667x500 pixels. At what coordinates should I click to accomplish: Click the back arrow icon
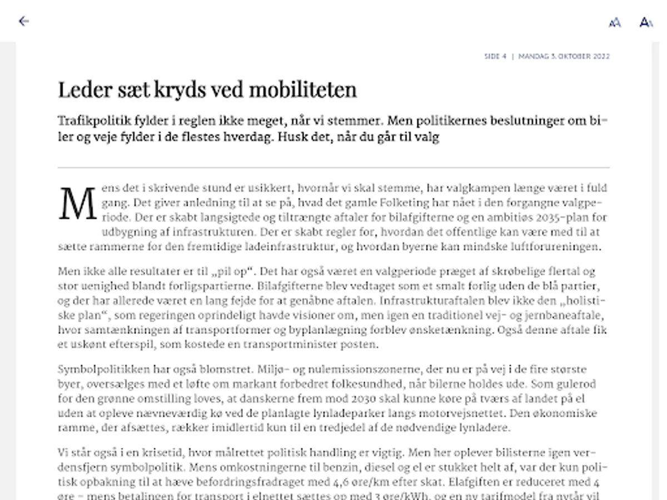pyautogui.click(x=23, y=21)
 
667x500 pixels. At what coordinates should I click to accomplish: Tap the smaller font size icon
pyautogui.click(x=615, y=22)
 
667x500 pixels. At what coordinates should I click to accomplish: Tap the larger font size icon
pyautogui.click(x=646, y=22)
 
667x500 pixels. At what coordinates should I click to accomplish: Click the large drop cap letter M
pyautogui.click(x=78, y=204)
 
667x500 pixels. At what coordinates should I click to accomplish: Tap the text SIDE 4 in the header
pyautogui.click(x=495, y=56)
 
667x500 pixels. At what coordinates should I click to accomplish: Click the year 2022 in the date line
pyautogui.click(x=600, y=56)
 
